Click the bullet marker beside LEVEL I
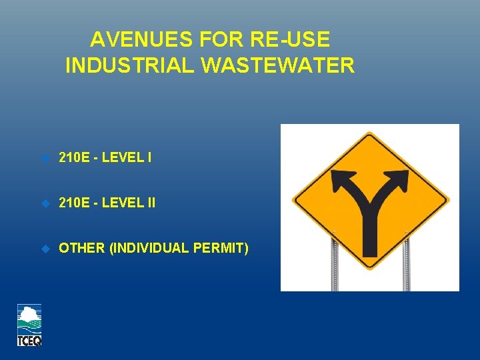click(x=45, y=158)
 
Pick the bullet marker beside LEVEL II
click(x=45, y=203)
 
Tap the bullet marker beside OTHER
click(x=45, y=248)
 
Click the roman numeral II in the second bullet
click(x=150, y=203)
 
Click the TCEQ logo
click(x=29, y=325)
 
